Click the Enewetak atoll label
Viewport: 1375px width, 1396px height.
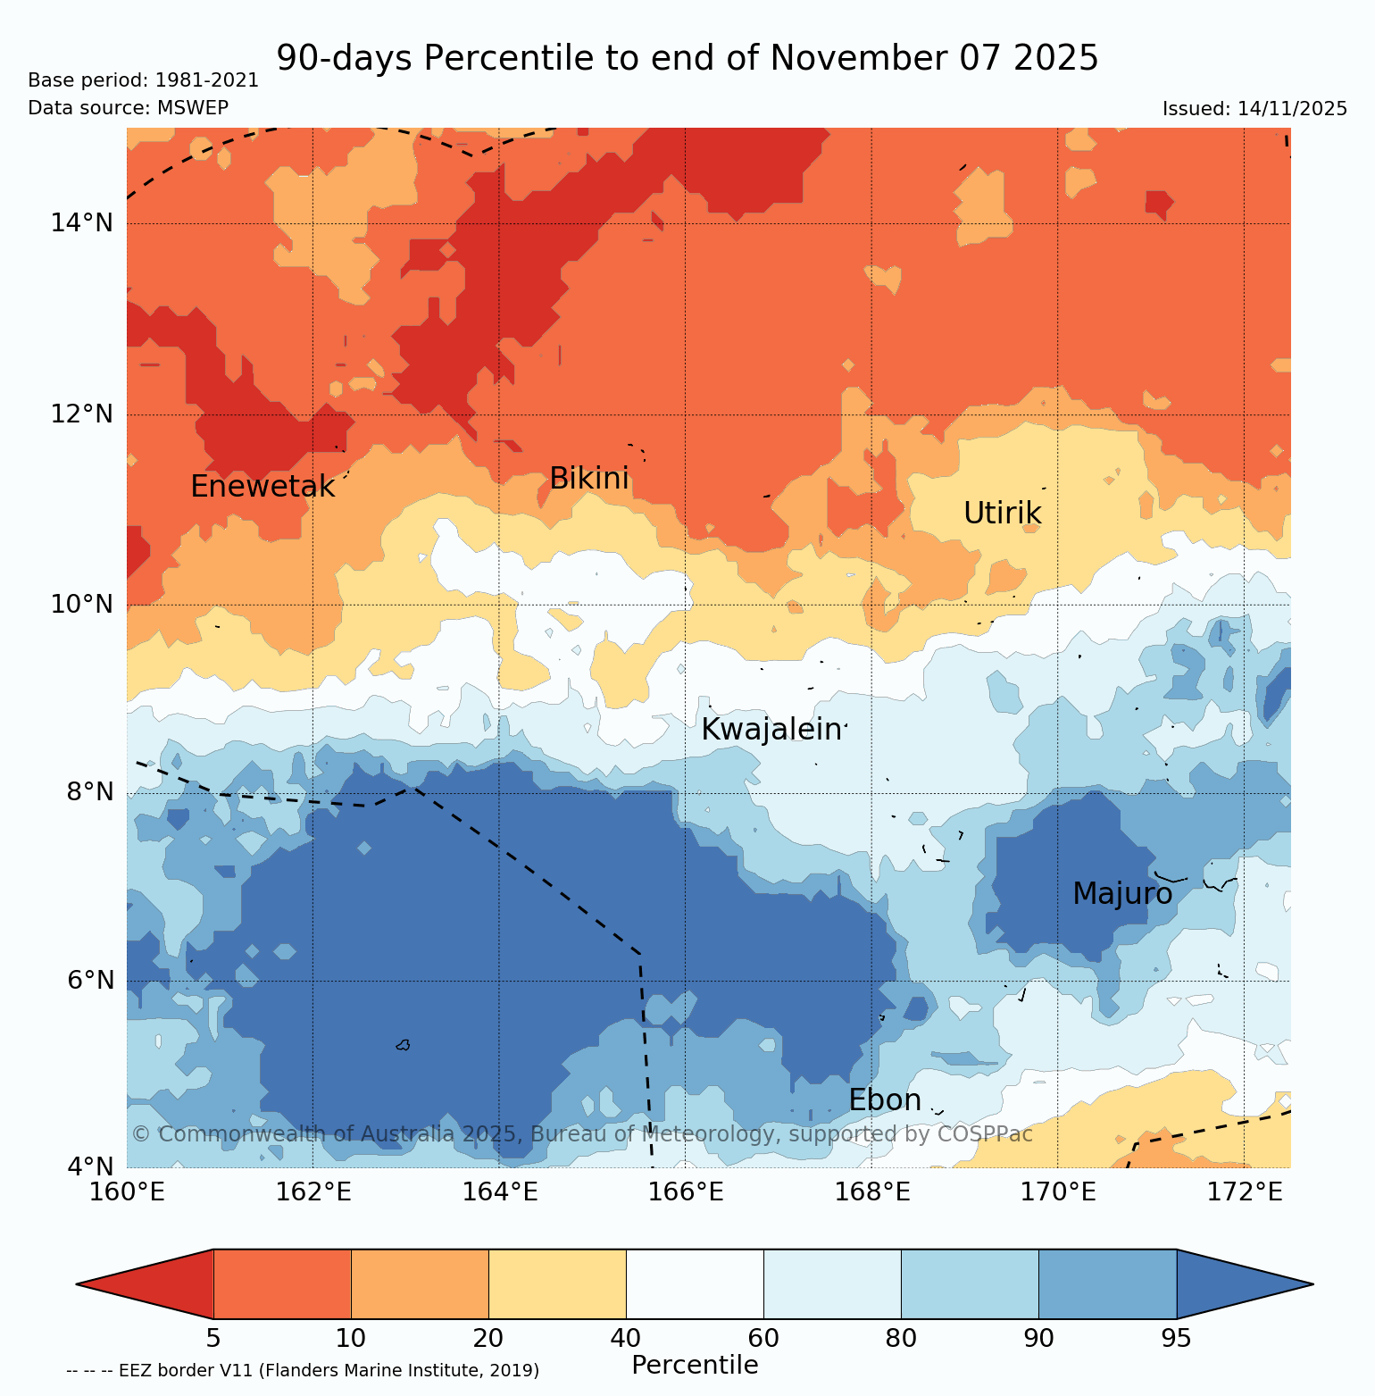(262, 487)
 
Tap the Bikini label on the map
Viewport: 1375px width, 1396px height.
(588, 479)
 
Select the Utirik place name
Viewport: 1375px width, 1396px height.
(1002, 514)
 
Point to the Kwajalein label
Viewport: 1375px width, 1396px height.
(771, 730)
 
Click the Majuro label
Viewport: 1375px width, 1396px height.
(1121, 893)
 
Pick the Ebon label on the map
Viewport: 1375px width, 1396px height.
(884, 1100)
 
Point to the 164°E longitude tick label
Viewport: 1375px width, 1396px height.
(500, 1191)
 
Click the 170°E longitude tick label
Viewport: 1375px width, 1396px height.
(1058, 1191)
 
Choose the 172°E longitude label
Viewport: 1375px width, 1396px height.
(1244, 1191)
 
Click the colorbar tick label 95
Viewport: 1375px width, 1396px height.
(1176, 1338)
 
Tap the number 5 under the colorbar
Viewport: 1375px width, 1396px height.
(213, 1338)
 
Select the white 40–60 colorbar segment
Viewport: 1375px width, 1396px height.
(695, 1284)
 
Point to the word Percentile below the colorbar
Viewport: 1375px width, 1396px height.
(695, 1365)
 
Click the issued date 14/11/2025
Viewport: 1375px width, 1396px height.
(1292, 109)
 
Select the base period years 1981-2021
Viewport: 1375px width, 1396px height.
(207, 80)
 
